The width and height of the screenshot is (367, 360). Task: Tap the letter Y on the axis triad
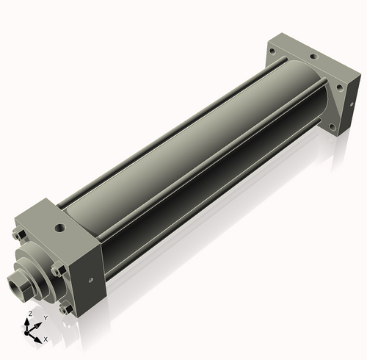45,318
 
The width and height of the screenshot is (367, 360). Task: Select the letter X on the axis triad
46,339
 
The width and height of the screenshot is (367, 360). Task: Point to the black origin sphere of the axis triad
30,331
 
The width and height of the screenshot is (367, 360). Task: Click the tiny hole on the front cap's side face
90,278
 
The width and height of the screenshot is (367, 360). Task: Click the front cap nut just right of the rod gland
58,270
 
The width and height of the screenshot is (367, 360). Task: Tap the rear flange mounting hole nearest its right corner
339,87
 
